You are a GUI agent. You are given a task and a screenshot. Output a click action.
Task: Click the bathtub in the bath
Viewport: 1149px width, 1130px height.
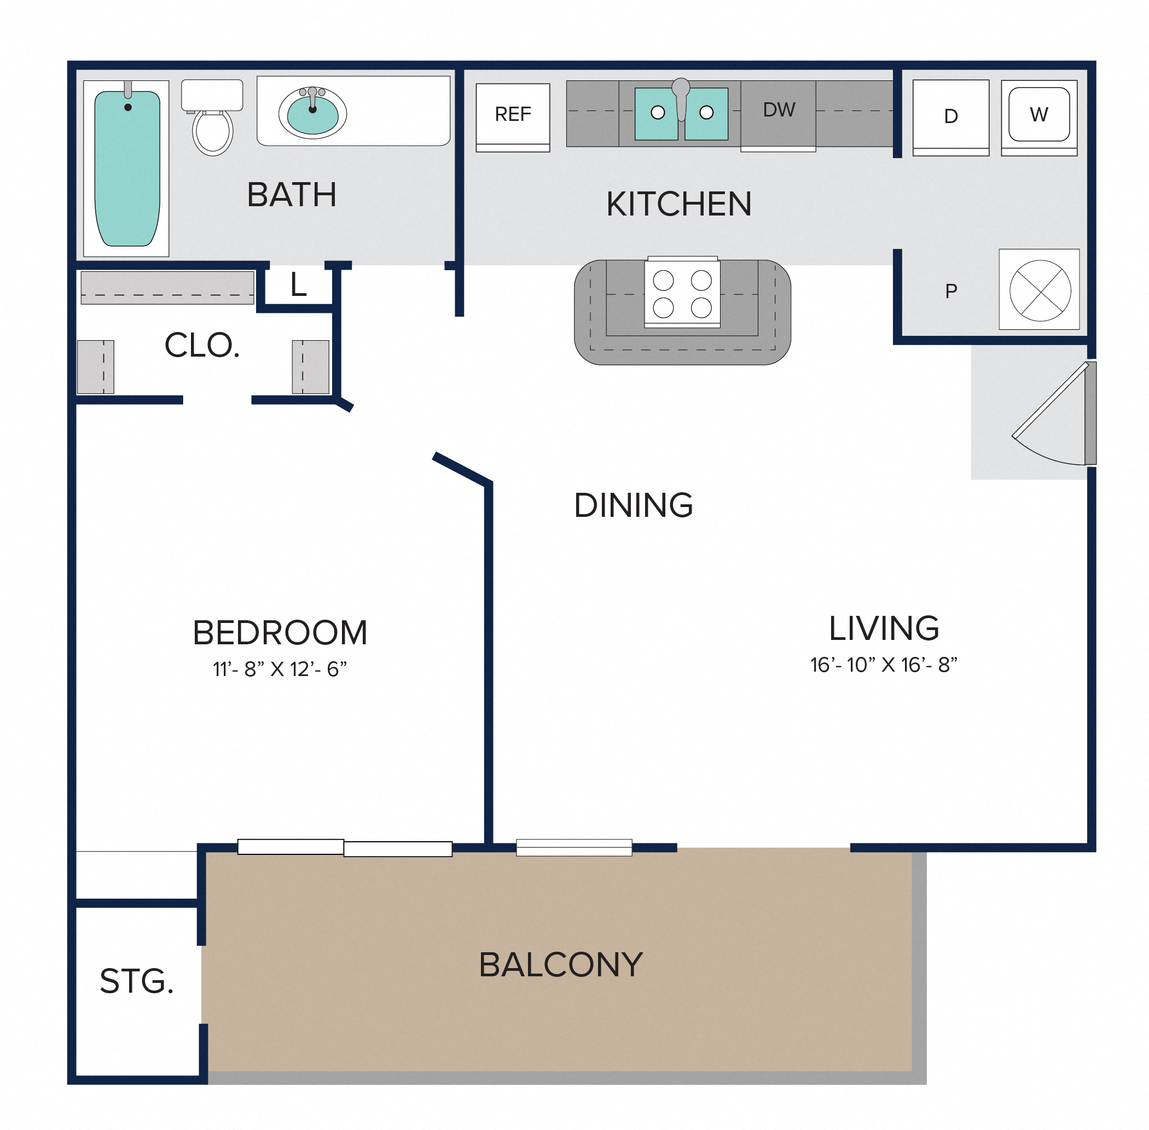126,168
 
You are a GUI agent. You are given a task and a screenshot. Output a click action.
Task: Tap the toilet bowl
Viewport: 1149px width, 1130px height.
213,132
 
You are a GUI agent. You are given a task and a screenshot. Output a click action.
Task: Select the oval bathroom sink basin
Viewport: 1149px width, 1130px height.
312,113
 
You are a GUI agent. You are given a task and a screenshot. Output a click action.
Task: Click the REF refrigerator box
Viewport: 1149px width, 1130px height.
513,117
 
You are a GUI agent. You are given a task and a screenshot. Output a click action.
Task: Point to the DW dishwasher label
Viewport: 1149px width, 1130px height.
779,110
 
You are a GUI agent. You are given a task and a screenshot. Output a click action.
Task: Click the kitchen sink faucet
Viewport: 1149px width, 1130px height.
681,98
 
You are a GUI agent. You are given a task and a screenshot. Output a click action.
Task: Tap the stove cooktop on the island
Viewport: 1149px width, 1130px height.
682,293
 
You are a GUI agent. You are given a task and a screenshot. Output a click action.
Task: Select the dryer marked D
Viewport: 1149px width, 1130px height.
951,118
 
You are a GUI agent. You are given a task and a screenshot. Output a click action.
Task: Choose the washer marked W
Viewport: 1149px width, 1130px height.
1039,118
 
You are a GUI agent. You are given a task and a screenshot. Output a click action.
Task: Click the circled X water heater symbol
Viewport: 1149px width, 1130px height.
1040,290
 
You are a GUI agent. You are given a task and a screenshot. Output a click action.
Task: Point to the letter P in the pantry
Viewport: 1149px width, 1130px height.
951,291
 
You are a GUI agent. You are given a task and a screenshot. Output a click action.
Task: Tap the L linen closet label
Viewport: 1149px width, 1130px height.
299,285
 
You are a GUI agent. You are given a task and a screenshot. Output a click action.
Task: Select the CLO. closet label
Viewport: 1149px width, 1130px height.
202,346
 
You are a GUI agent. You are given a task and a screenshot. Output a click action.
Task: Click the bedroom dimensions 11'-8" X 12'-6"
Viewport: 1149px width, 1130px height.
280,669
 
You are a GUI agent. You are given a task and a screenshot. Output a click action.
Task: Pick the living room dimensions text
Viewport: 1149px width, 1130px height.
884,665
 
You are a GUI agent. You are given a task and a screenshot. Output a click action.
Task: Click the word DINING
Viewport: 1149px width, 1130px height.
634,505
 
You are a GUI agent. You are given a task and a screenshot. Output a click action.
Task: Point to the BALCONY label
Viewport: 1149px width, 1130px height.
560,964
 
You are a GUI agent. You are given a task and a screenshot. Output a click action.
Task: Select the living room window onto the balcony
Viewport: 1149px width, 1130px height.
573,848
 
